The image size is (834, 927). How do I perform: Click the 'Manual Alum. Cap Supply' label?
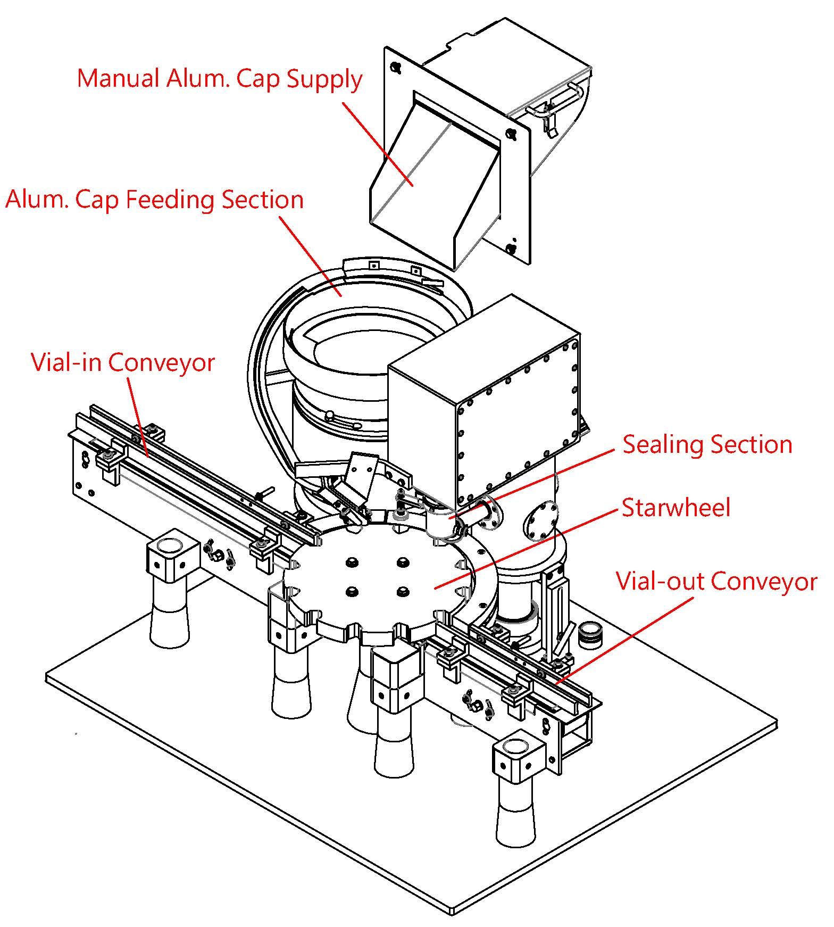click(x=219, y=79)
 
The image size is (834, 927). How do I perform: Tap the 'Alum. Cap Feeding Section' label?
click(x=154, y=200)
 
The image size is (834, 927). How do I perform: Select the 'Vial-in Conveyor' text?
click(x=123, y=363)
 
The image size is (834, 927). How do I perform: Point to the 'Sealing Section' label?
click(x=707, y=444)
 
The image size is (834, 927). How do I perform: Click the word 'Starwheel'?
click(x=676, y=508)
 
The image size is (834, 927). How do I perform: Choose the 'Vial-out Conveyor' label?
click(x=716, y=581)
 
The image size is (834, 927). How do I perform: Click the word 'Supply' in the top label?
click(x=324, y=80)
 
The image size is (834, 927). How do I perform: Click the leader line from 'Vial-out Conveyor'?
click(x=628, y=639)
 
